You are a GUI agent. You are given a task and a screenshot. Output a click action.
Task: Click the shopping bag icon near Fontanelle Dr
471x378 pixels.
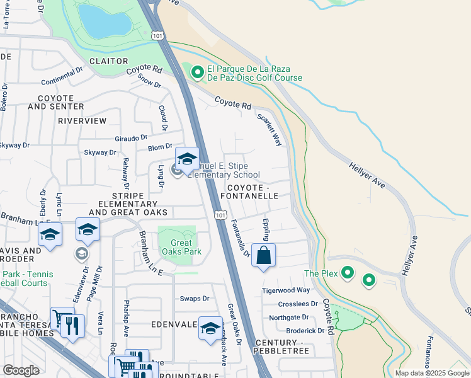[264, 256]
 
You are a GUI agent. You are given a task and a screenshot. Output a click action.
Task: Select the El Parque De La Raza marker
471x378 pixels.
[197, 73]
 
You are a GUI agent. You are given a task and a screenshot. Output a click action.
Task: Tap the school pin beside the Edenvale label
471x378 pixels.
[210, 328]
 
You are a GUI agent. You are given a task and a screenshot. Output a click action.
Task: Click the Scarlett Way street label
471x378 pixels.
[268, 129]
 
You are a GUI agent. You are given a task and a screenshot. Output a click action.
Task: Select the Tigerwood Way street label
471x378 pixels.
[286, 290]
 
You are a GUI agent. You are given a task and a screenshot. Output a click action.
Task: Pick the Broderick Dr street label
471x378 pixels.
[304, 330]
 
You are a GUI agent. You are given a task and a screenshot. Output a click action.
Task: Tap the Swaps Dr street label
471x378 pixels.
[195, 299]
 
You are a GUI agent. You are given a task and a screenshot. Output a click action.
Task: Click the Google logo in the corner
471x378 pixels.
[21, 370]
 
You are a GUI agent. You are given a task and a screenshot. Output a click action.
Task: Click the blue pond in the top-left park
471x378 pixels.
[104, 21]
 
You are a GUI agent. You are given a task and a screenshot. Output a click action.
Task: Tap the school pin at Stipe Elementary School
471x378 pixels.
[186, 160]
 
